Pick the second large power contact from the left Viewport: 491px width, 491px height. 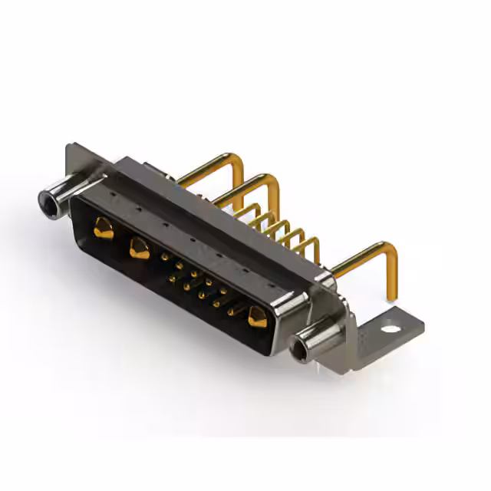139,247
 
